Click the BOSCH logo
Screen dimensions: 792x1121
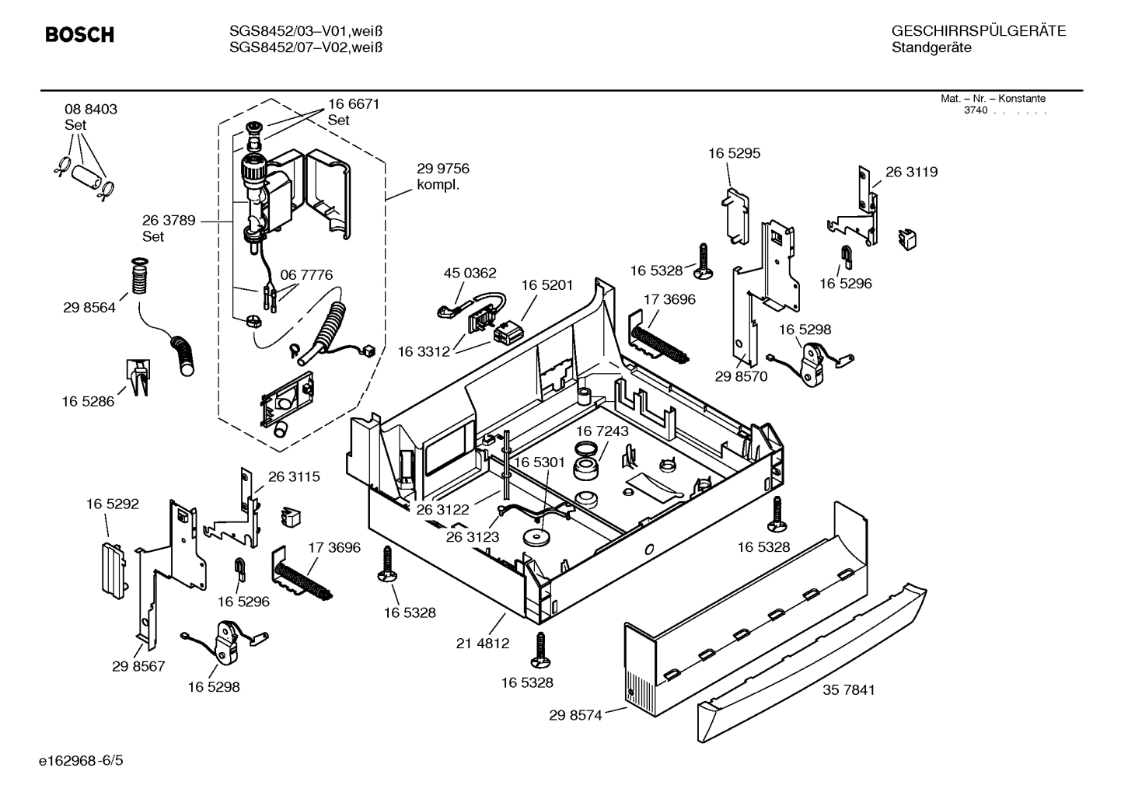click(x=79, y=35)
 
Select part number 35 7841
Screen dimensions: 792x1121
click(x=848, y=689)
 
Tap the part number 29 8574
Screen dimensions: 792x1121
click(x=575, y=715)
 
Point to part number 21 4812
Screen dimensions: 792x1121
click(x=483, y=643)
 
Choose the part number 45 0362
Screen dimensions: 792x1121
click(x=470, y=273)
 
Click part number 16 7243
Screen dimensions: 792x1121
click(x=602, y=431)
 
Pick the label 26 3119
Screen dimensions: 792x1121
click(x=911, y=173)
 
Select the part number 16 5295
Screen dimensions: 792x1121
click(x=734, y=153)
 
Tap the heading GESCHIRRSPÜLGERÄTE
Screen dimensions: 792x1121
click(x=978, y=31)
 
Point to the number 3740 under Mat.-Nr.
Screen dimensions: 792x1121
click(x=975, y=110)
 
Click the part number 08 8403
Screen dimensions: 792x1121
click(x=91, y=110)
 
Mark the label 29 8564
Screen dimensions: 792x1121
click(x=89, y=308)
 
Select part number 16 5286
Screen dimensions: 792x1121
click(x=88, y=401)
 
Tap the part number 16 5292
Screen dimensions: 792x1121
click(x=113, y=504)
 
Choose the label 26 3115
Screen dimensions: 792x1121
click(x=294, y=476)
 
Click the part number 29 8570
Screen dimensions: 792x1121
click(x=741, y=376)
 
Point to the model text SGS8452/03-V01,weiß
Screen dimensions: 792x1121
click(x=308, y=31)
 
